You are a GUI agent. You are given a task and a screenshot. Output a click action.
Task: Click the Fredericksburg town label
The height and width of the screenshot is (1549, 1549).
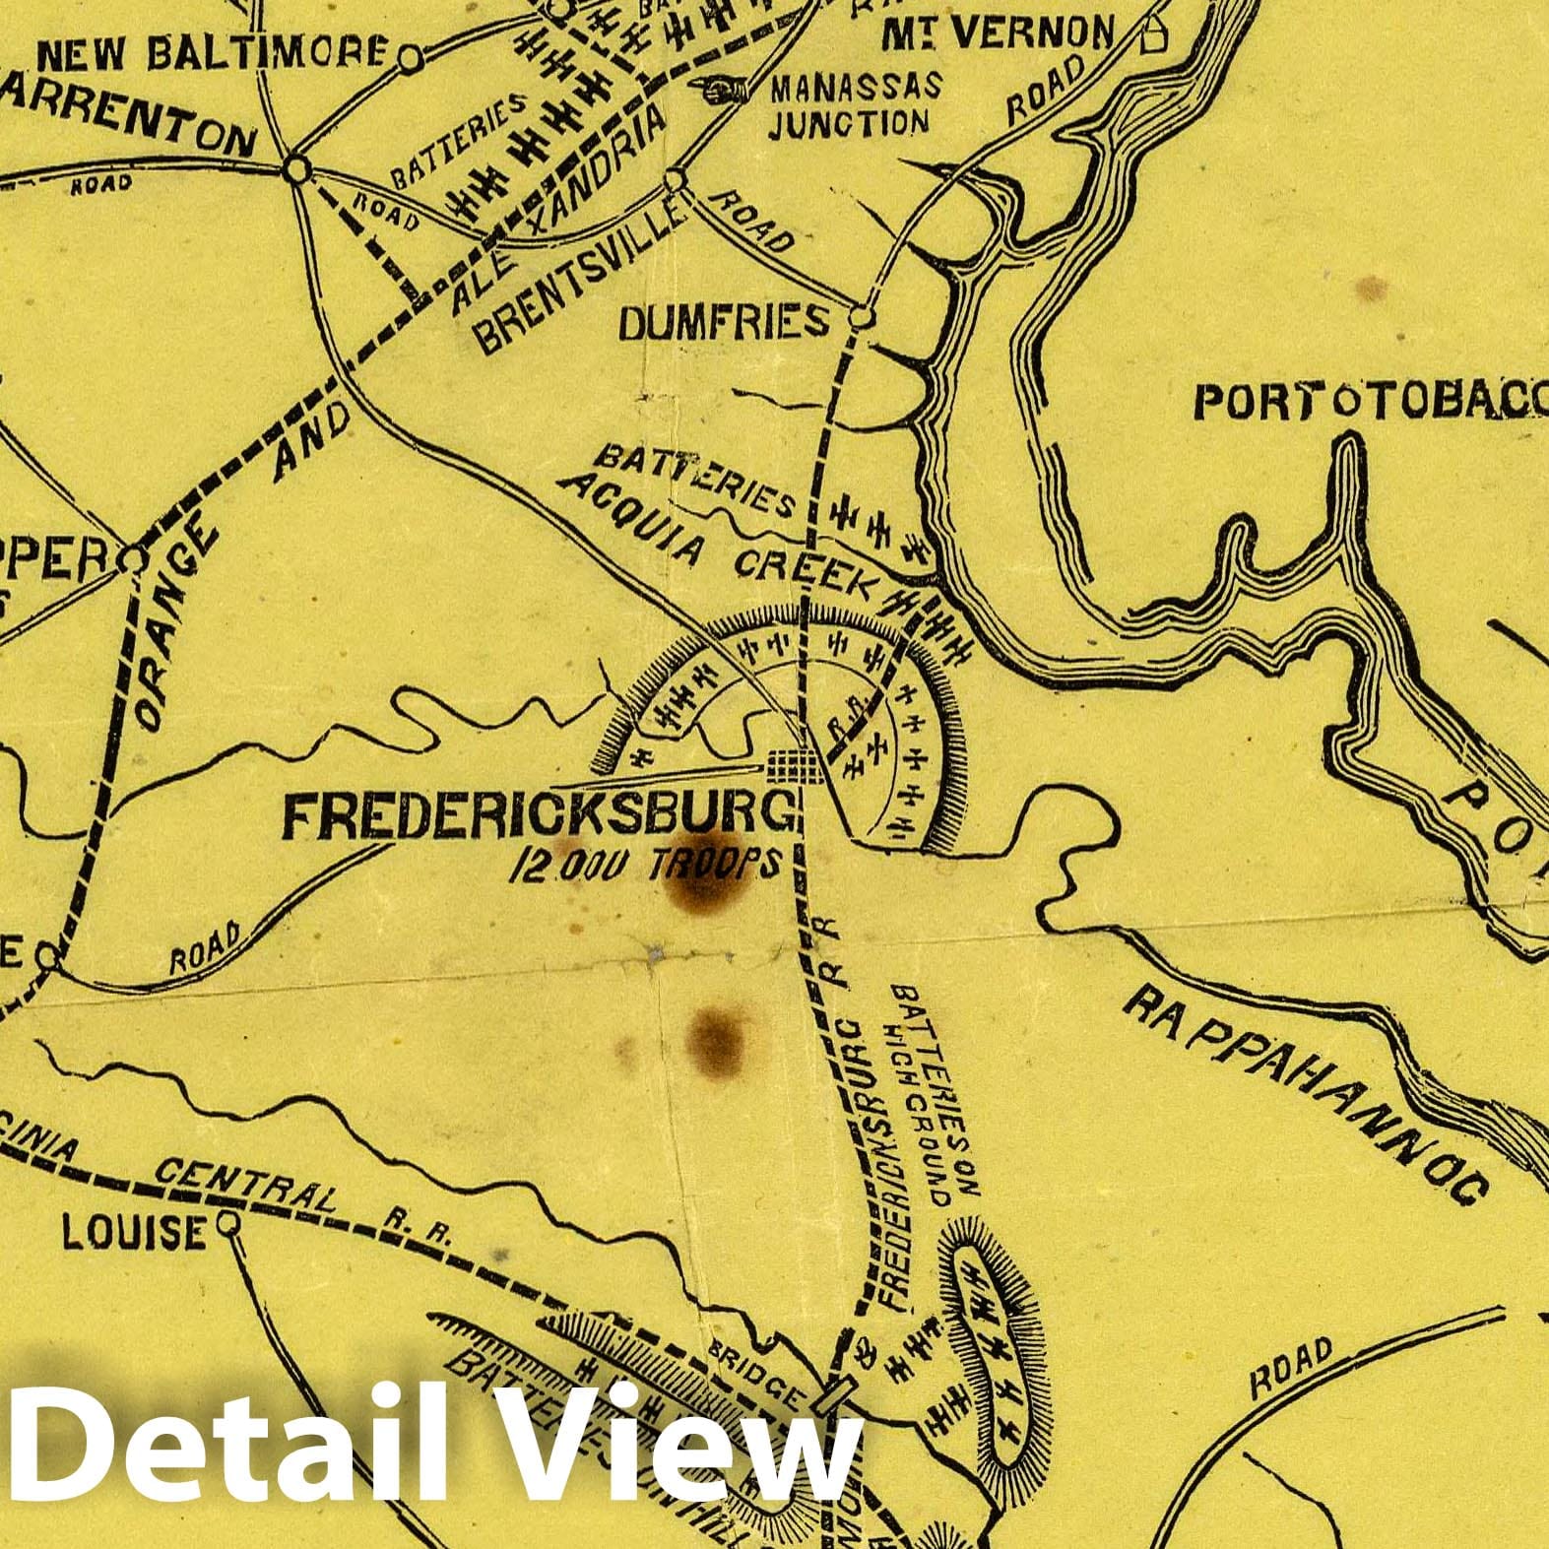point(537,815)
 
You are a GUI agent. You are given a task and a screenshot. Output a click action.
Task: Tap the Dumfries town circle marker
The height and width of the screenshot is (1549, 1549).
point(862,318)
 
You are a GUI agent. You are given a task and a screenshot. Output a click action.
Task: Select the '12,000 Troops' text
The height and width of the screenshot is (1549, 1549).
point(645,864)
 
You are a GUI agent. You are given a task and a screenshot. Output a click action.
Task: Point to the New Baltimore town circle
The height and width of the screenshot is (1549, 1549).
point(411,60)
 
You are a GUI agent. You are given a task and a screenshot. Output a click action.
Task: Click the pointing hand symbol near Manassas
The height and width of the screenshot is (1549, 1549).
point(720,90)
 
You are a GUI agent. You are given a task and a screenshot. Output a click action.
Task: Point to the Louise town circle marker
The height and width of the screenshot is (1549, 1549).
point(228,1224)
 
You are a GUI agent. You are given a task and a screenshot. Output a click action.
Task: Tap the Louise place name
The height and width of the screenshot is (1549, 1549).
point(134,1232)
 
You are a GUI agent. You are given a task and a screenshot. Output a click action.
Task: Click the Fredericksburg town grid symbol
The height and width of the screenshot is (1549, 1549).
point(795,764)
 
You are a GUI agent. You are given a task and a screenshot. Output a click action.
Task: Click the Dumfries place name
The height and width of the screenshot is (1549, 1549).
point(724,322)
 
